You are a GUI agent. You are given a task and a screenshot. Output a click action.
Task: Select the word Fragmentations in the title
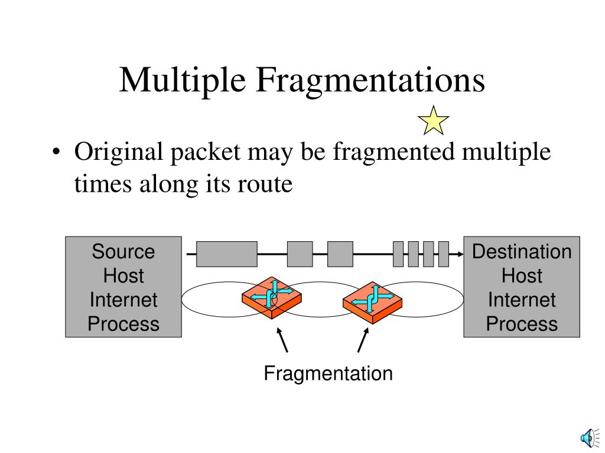pos(370,80)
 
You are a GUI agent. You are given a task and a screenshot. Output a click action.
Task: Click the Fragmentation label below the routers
pos(328,373)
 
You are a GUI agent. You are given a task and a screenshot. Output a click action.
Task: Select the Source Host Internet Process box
pos(123,287)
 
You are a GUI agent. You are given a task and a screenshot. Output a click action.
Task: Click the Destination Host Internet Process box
pos(521,287)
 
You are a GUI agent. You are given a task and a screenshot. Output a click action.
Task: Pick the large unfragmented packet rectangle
pos(226,254)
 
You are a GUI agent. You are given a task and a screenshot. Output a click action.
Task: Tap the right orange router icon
pos(372,301)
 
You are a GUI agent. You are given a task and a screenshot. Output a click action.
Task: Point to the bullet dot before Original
pos(56,153)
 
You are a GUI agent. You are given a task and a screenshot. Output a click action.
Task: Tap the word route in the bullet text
pos(264,185)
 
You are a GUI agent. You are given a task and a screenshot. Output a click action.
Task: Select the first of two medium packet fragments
pos(300,254)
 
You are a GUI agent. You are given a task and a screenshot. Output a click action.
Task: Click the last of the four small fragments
pos(443,254)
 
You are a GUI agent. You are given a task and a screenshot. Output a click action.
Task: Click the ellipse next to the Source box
pos(213,299)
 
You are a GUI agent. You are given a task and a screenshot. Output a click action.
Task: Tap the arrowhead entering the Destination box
pos(459,254)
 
